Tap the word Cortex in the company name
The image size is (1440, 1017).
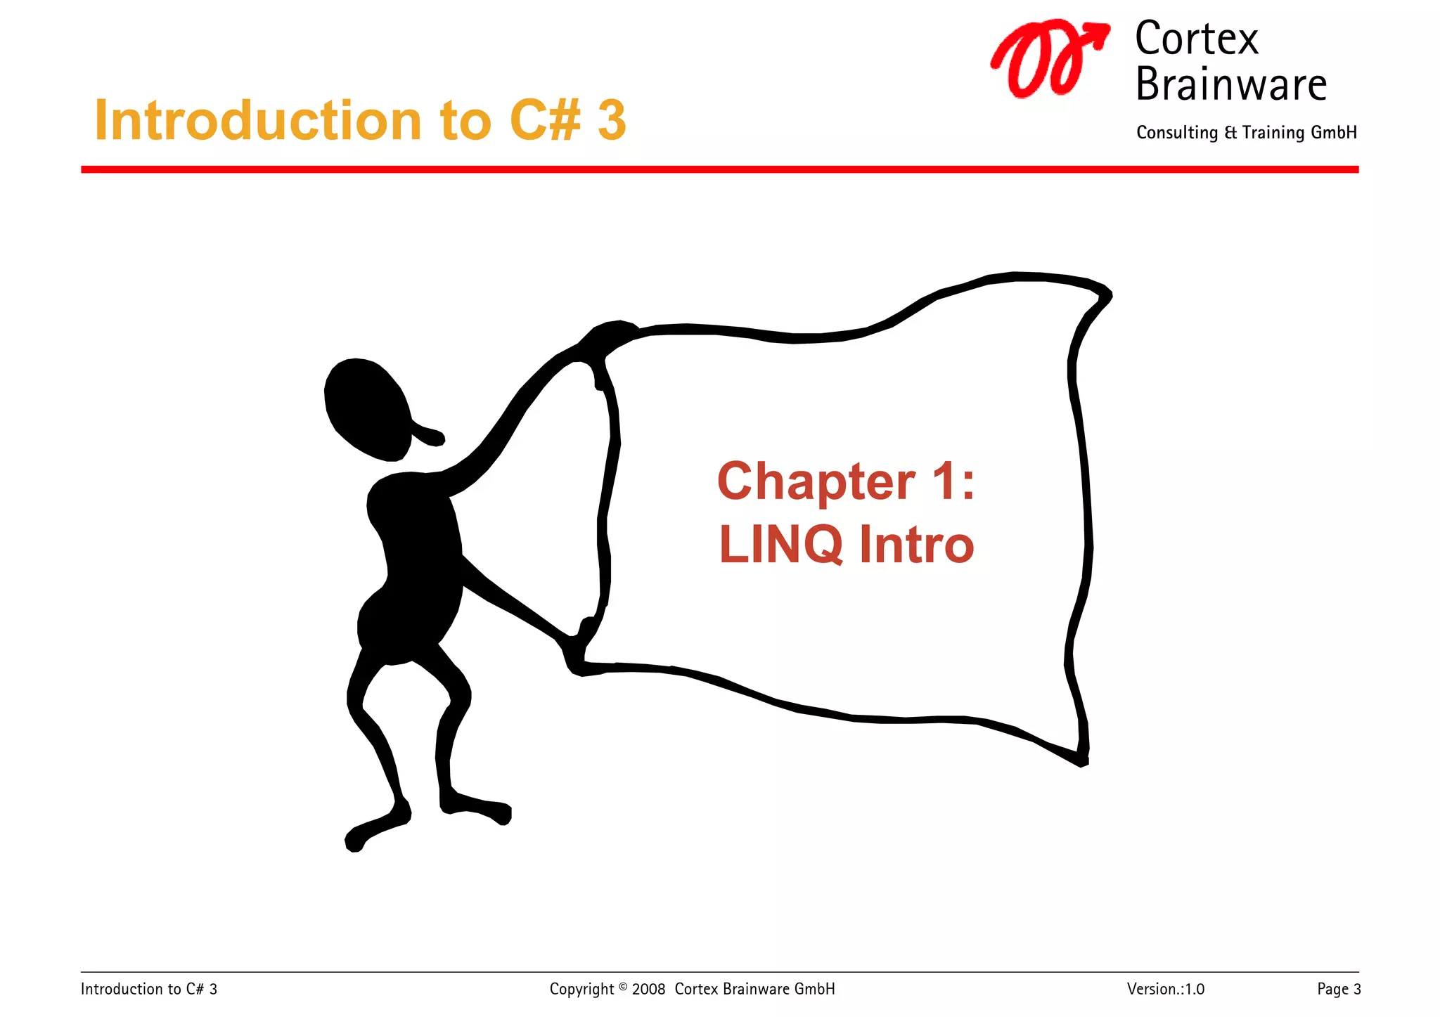click(x=1196, y=39)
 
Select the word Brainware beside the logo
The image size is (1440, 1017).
click(x=1230, y=84)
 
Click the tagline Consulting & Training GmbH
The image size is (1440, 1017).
click(x=1246, y=133)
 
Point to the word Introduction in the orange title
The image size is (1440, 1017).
click(x=257, y=120)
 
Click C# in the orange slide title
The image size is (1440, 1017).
click(x=546, y=120)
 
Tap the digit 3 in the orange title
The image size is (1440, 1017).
click(x=612, y=120)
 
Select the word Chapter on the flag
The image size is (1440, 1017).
click(x=816, y=483)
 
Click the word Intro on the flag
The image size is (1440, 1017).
click(x=916, y=545)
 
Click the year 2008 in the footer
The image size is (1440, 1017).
click(x=648, y=990)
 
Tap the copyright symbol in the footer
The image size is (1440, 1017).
click(x=622, y=986)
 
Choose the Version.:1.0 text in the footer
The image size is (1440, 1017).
click(x=1165, y=990)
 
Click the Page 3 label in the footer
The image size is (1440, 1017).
click(x=1339, y=990)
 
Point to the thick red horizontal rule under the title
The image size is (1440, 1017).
click(x=719, y=169)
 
